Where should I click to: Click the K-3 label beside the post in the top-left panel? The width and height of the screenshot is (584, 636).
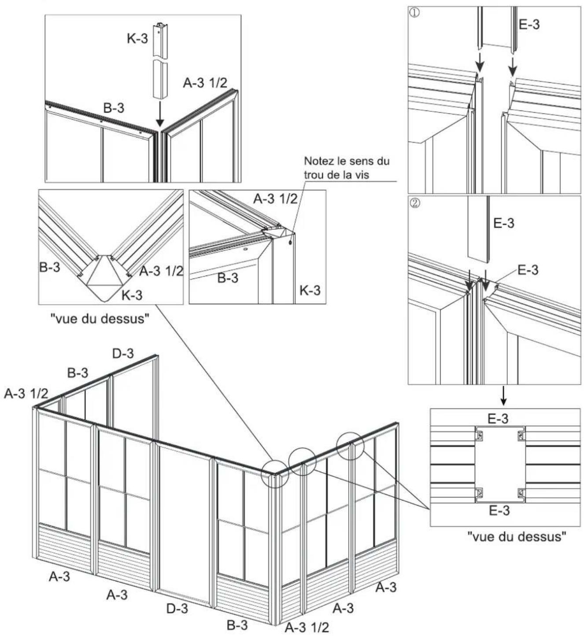click(x=137, y=38)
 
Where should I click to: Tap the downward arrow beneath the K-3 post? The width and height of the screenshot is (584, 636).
click(x=160, y=115)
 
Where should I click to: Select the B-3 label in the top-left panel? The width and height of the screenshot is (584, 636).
click(x=114, y=108)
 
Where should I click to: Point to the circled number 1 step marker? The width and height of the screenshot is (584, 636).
click(x=414, y=12)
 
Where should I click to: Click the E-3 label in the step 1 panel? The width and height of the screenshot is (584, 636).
click(x=529, y=24)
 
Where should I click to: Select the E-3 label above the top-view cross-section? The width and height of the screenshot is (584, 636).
click(x=498, y=419)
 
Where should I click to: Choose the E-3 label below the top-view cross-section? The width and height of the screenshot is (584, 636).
click(x=499, y=510)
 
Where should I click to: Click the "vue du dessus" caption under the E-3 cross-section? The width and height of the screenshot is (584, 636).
click(x=516, y=537)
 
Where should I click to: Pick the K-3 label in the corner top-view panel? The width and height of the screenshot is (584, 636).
click(x=132, y=295)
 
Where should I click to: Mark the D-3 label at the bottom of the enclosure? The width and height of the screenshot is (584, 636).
click(x=177, y=609)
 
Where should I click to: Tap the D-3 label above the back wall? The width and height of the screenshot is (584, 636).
click(x=123, y=353)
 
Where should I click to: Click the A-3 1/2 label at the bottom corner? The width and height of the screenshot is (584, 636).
click(x=307, y=627)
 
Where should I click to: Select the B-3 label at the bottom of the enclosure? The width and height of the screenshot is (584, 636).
click(x=237, y=625)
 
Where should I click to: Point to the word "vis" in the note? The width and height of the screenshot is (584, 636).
click(x=360, y=174)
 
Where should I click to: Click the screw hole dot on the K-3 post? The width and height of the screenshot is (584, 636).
click(x=291, y=241)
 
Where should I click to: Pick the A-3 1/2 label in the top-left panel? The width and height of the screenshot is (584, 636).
click(x=205, y=83)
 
